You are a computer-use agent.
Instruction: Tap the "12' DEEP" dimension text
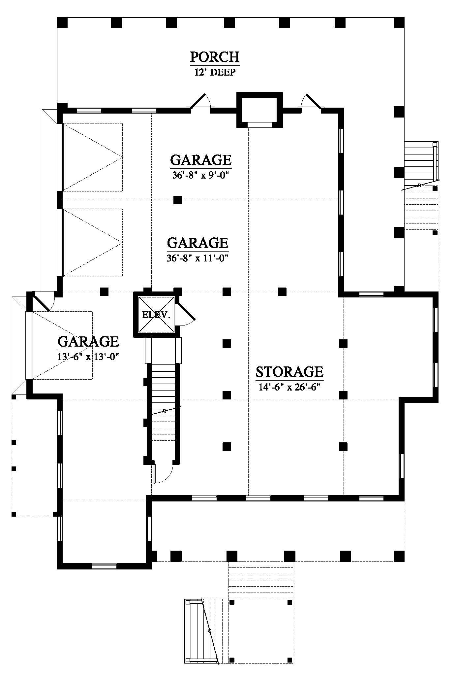click(215, 72)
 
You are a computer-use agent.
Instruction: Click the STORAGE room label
click(289, 372)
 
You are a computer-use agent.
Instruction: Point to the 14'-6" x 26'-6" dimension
click(290, 387)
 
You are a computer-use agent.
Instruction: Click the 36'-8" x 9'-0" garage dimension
click(200, 175)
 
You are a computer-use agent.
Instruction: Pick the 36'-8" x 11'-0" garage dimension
click(198, 258)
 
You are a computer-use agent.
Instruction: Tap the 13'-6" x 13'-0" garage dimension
click(88, 357)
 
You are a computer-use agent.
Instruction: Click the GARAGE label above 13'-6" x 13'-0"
click(88, 341)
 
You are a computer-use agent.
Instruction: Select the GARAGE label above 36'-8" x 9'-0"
click(201, 160)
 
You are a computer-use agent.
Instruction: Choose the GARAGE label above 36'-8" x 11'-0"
click(198, 243)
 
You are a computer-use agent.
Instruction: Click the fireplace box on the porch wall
click(259, 110)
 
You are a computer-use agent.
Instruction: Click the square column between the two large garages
click(178, 200)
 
